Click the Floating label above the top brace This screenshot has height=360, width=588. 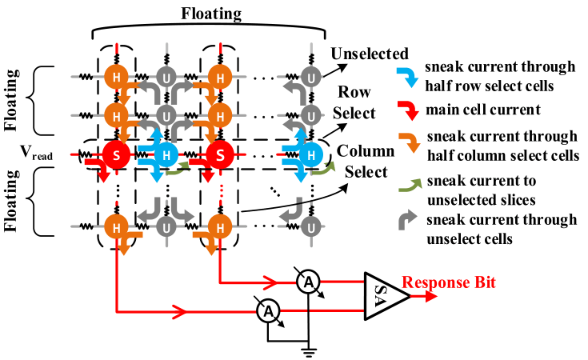pos(211,14)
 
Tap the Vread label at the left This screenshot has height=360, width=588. pos(36,152)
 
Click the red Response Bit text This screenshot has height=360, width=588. pos(449,282)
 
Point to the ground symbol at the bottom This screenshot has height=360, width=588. pos(308,351)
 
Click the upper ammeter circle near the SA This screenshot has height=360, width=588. pos(308,282)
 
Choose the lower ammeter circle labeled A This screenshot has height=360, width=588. pos(268,311)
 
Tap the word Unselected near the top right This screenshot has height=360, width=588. pos(370,54)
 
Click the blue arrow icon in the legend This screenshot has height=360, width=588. pos(408,77)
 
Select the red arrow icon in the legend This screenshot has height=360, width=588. pos(408,110)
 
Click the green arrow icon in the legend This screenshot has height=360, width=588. pos(410,186)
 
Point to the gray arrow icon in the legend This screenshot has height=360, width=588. pos(408,220)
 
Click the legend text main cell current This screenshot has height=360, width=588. pos(483,110)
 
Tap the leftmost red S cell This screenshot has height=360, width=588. pos(116,154)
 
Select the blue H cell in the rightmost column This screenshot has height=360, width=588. pos(311,154)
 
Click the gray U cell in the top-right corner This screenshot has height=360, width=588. pos(311,78)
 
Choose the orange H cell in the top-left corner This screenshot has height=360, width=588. pos(116,78)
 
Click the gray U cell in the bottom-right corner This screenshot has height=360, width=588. pos(311,227)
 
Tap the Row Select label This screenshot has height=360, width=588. pos(354,102)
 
